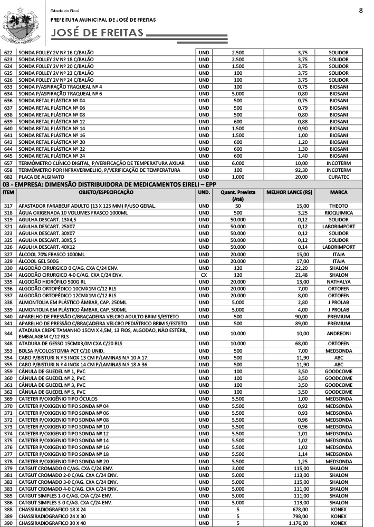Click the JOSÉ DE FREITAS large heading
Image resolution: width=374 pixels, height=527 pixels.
[98, 33]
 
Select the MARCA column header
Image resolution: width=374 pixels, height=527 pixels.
[338, 192]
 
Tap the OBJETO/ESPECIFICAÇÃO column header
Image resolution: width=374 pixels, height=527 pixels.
[106, 192]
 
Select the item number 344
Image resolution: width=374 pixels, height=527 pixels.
[8, 333]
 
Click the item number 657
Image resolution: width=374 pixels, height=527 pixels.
[8, 163]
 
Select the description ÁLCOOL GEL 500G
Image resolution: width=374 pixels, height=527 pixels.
[42, 261]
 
